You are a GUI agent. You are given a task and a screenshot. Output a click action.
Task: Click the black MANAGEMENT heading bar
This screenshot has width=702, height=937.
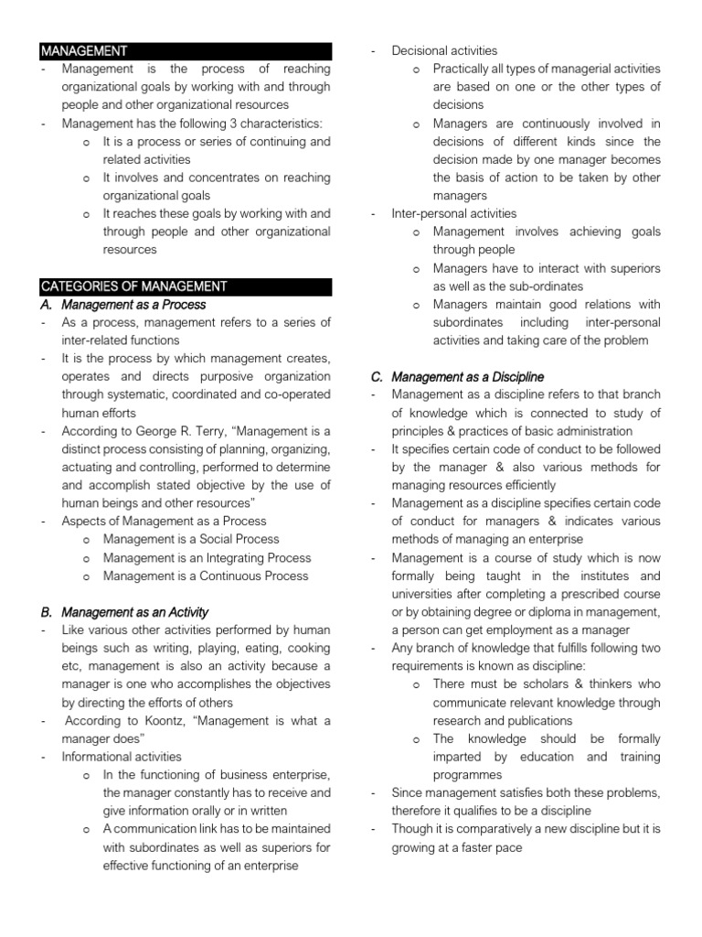point(186,51)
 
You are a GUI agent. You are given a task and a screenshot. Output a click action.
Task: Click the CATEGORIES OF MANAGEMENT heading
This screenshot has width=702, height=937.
point(186,286)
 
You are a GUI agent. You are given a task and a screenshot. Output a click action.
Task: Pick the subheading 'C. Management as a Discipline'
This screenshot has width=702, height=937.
point(467,377)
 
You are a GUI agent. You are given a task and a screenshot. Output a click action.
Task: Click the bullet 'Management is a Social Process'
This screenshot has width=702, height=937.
point(191,540)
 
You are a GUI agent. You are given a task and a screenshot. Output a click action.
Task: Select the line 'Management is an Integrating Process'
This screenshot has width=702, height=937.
point(207,558)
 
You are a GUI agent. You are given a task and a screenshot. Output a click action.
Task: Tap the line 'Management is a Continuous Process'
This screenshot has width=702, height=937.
point(206,576)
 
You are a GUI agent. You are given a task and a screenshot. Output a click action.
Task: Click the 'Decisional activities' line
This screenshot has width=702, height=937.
point(444,51)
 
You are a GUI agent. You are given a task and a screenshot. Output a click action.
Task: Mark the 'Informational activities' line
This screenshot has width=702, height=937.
point(122,757)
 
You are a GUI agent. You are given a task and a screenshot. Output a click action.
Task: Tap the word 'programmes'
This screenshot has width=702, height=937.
point(468,775)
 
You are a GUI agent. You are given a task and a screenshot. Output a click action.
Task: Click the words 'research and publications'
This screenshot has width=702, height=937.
point(503,721)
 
